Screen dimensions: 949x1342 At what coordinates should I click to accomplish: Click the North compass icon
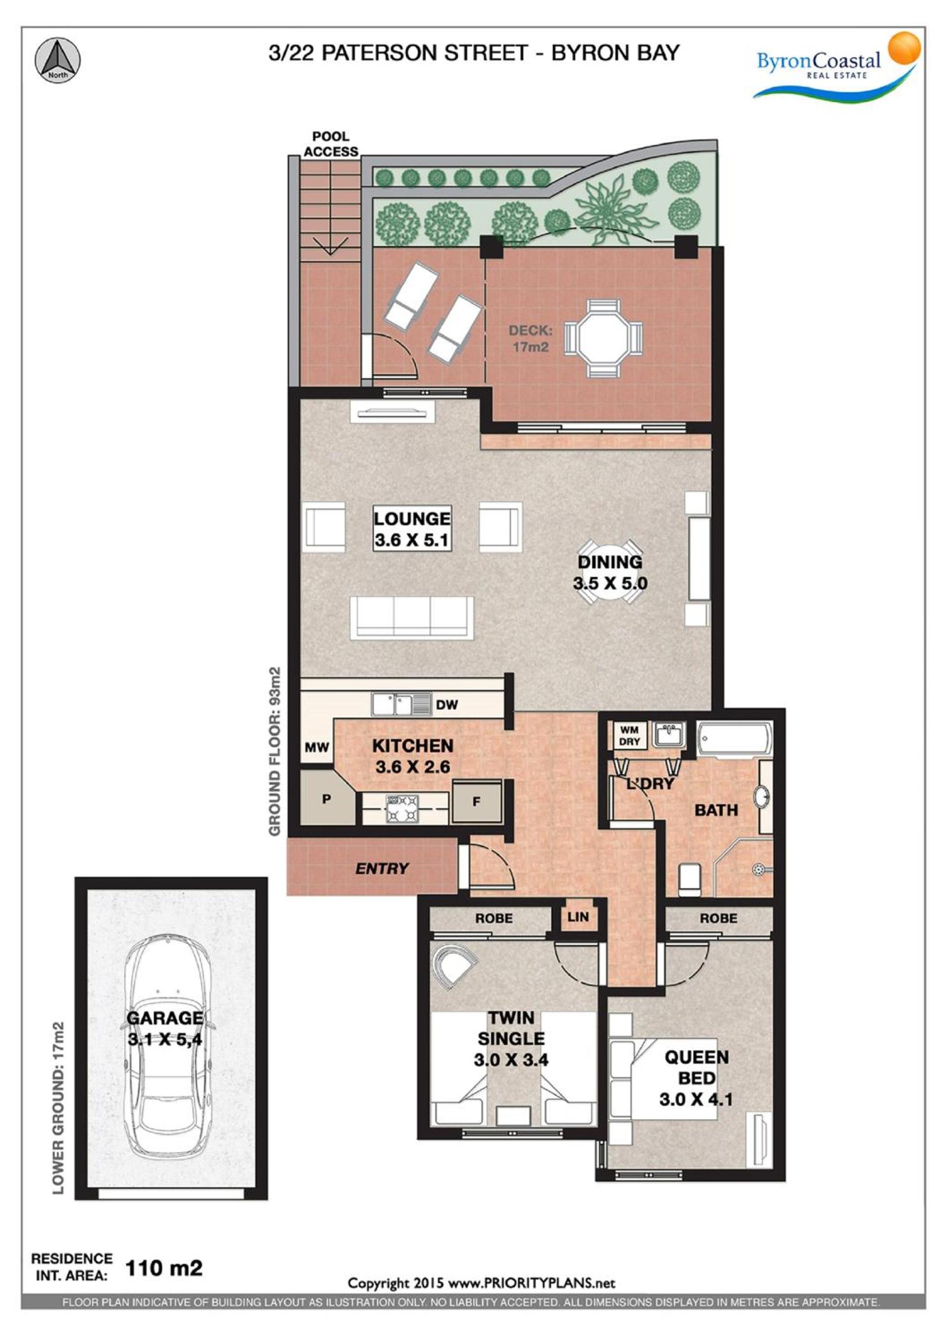pos(57,61)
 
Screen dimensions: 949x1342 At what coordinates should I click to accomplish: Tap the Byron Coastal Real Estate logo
pos(837,67)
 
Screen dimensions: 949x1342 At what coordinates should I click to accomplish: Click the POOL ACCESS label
pos(331,144)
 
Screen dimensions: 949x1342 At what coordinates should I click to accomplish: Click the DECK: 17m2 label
pos(529,338)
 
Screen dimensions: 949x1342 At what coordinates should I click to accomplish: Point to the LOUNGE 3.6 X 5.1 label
pos(412,529)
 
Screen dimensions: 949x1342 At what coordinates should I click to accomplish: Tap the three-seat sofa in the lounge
pos(412,617)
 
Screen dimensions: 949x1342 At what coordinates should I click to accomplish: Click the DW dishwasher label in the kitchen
pos(446,705)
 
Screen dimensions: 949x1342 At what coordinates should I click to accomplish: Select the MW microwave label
pos(317,747)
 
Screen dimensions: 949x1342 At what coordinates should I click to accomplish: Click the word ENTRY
pos(382,869)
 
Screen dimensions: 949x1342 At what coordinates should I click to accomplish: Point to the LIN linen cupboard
pos(578,916)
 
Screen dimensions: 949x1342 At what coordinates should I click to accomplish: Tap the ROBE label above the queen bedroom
pos(718,918)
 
